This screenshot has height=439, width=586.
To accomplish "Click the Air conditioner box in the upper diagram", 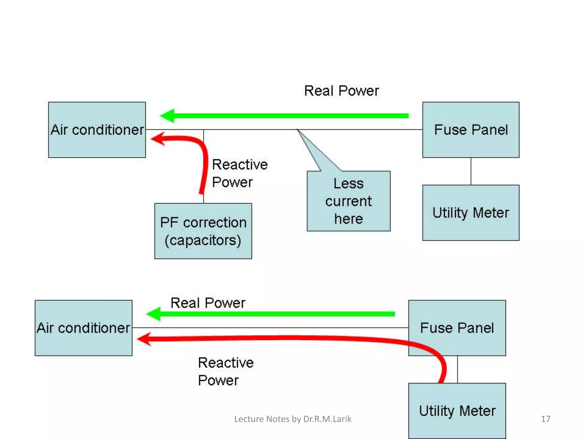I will pos(97,130).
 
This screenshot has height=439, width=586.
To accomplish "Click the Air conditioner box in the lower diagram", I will pos(83,328).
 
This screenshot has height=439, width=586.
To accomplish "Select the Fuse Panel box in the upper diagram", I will pos(471,130).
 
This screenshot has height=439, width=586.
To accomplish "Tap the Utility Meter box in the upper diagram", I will pos(471,213).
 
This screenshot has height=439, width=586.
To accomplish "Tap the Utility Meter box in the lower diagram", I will pos(457,411).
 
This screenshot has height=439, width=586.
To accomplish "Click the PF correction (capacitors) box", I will pos(203,231).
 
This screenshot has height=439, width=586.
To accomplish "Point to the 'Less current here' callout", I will pos(349,201).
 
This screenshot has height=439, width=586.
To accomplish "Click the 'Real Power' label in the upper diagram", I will pos(341,91).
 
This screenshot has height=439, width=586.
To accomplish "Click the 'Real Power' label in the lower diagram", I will pos(208,303).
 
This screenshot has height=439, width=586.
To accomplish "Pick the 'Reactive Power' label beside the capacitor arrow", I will pos(239,173).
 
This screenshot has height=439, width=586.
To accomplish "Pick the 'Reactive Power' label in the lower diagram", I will pos(225,371).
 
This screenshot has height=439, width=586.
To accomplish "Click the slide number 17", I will pos(545,419).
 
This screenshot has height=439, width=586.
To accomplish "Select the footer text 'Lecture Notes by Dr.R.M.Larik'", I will pos(293,419).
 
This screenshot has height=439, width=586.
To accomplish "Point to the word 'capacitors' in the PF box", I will pos(203,240).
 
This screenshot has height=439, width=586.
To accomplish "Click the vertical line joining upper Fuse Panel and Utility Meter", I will pos(471,171).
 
